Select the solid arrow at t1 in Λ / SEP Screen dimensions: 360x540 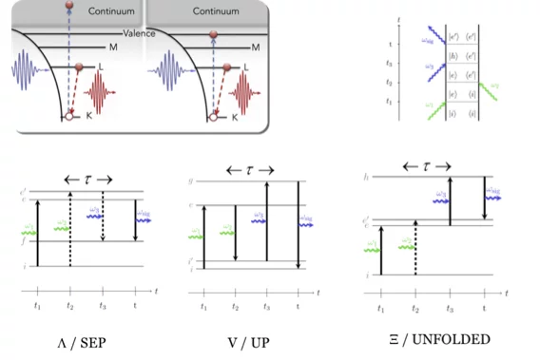(x=38, y=232)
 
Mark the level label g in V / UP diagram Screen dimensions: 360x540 (x=191, y=180)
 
